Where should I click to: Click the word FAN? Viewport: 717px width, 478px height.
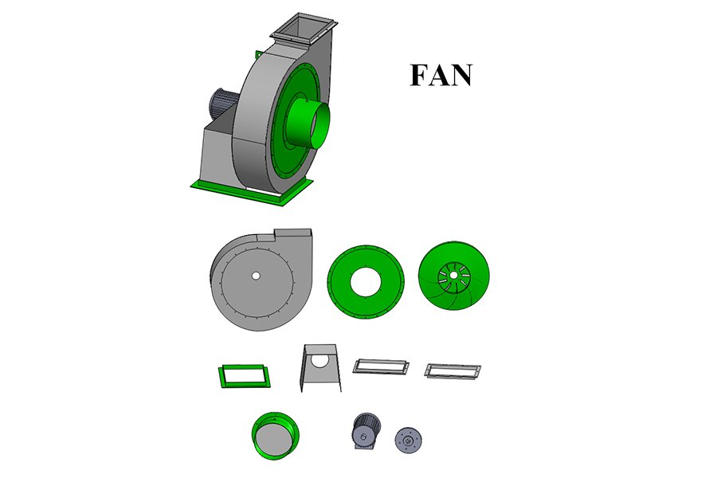click(441, 74)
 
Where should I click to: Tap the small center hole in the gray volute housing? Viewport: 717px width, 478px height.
click(255, 276)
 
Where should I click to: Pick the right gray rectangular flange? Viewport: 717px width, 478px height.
click(453, 370)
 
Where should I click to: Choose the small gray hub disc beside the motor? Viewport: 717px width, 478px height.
click(409, 438)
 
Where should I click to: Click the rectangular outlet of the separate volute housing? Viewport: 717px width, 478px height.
click(292, 234)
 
